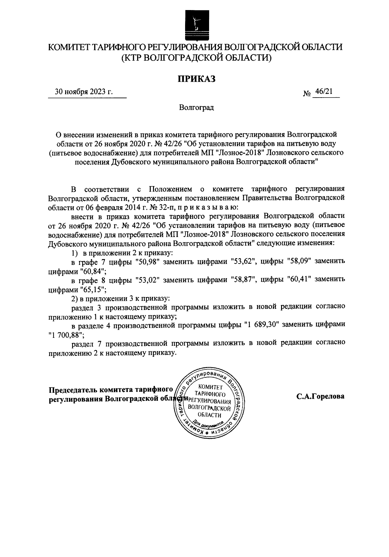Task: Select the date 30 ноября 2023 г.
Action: pos(84,92)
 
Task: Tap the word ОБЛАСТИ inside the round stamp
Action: pos(209,415)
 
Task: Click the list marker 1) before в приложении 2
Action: pos(75,252)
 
